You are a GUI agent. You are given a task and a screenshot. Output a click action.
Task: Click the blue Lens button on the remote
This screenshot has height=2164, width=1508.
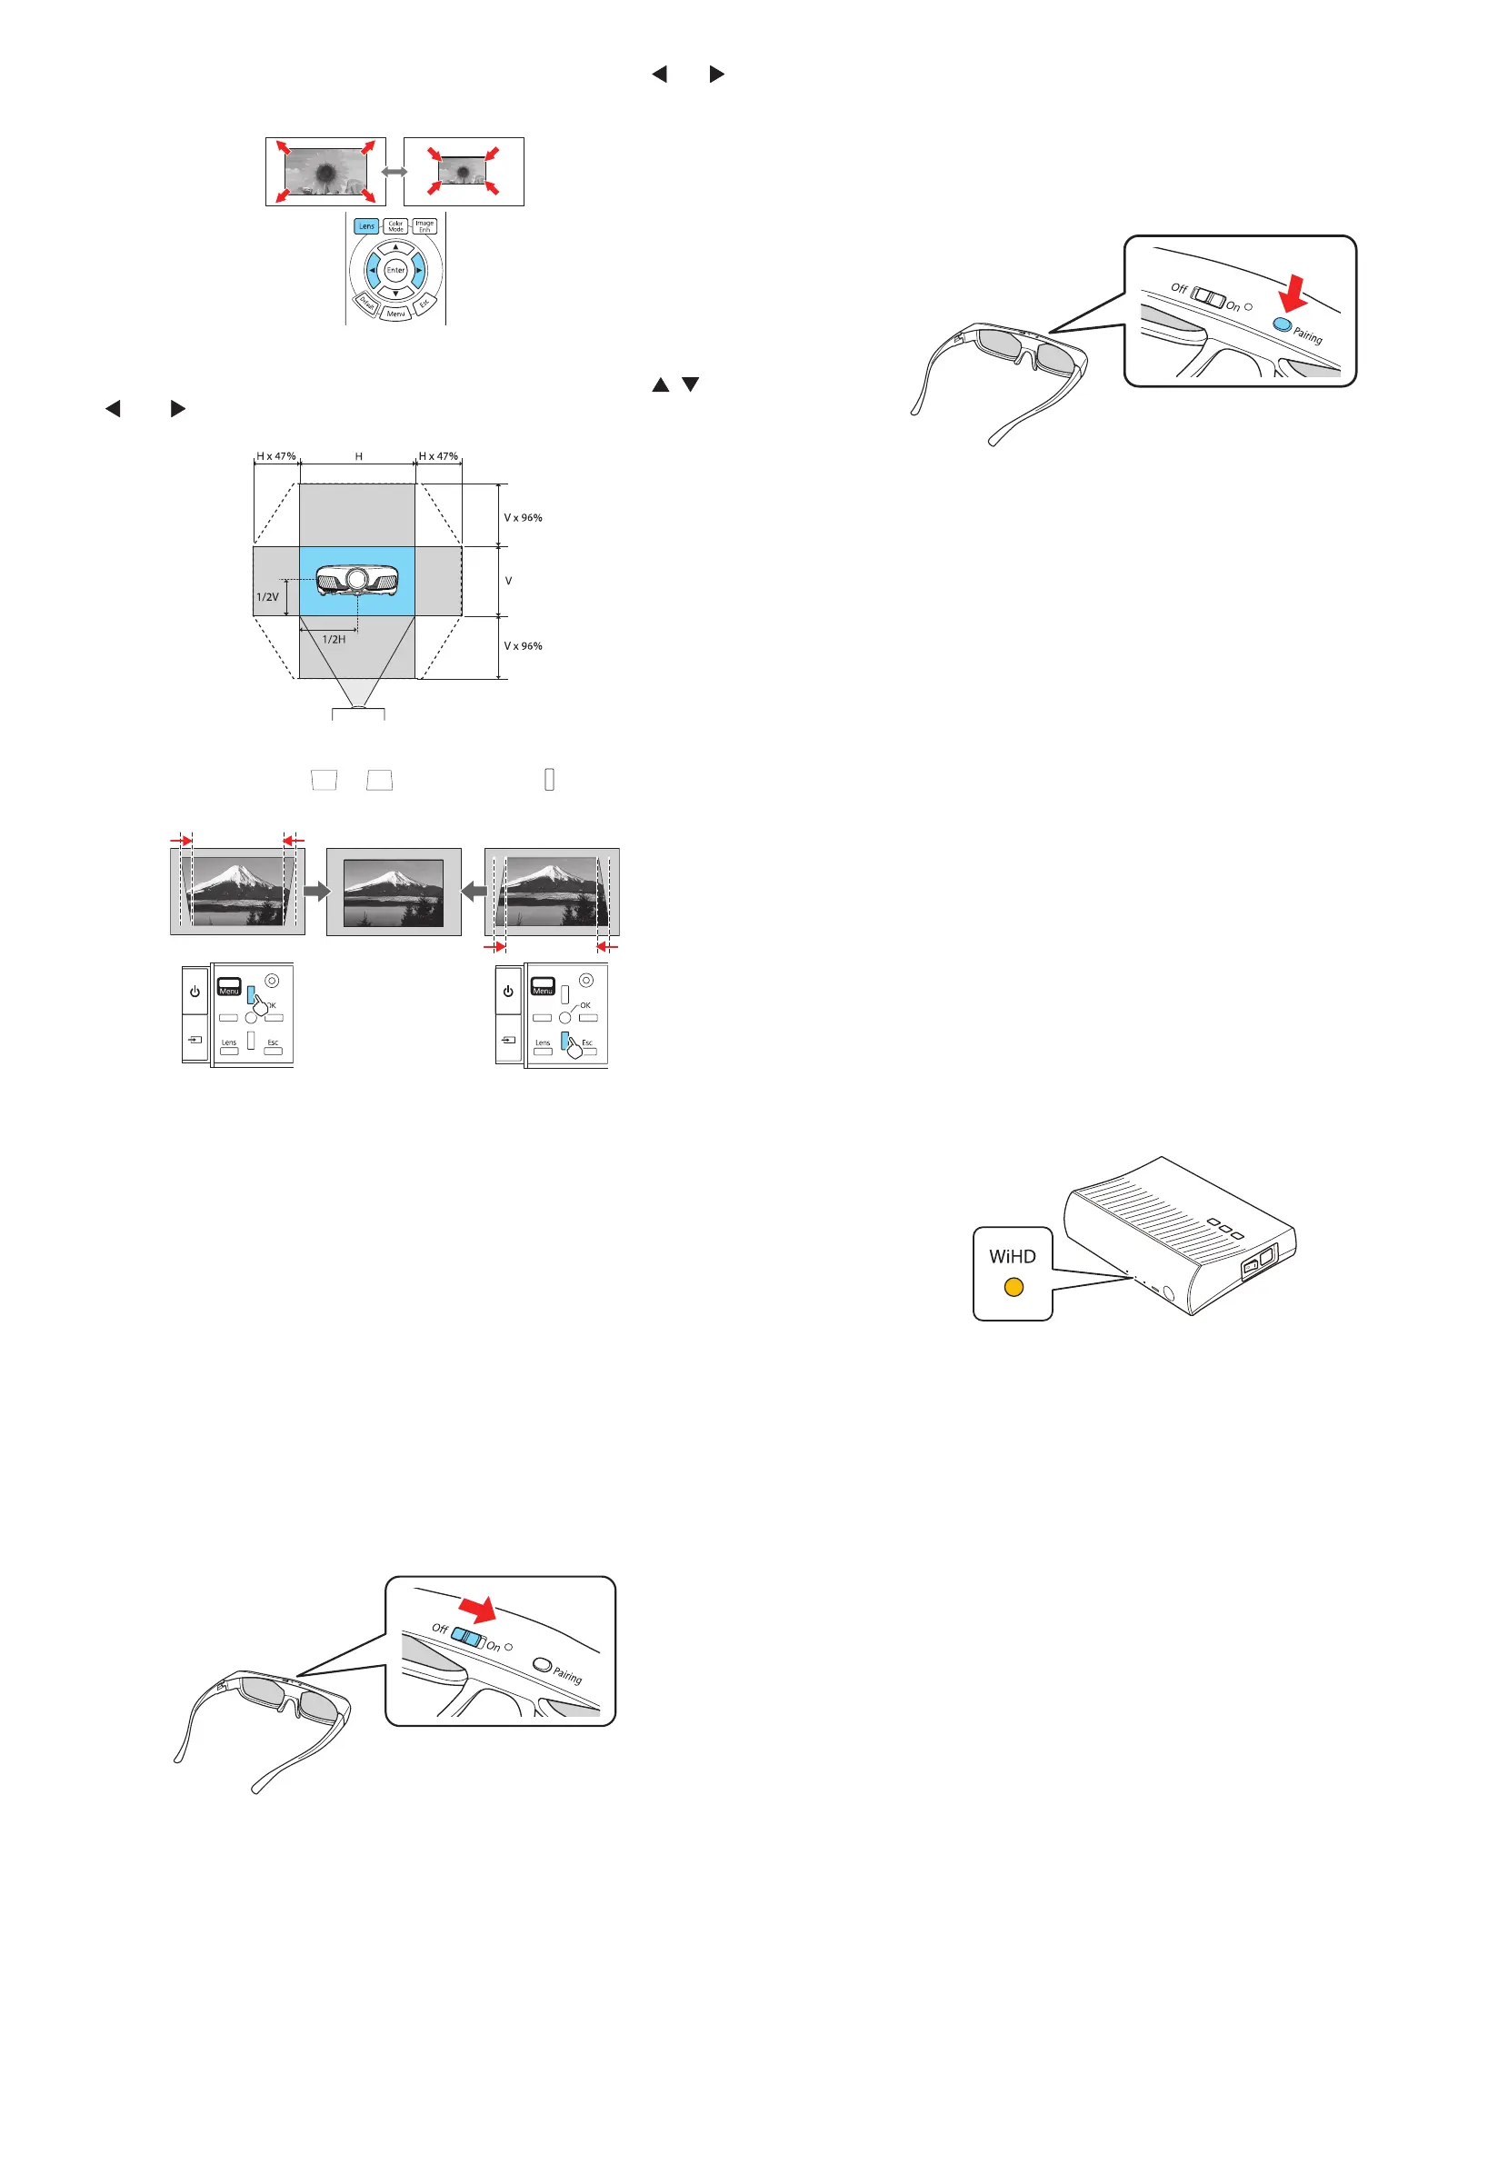click(365, 226)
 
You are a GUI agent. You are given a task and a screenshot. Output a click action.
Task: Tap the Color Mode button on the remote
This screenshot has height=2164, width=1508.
click(395, 226)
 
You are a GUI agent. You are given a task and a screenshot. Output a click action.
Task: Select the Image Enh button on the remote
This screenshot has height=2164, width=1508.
click(424, 226)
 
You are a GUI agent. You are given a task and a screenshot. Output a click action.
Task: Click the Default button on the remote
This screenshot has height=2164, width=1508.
click(365, 304)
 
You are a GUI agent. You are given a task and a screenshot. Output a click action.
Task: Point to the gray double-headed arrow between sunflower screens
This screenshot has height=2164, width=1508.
click(394, 172)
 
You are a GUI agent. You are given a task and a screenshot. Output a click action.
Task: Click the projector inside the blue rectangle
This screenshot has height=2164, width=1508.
click(356, 580)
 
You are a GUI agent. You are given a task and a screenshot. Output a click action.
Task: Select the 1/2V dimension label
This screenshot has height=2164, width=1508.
click(266, 596)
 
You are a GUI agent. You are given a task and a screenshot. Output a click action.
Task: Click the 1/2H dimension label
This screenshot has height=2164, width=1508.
click(334, 639)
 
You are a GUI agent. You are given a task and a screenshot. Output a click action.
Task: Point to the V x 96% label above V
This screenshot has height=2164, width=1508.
click(522, 517)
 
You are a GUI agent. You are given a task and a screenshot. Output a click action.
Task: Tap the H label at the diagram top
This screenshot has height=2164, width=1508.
click(358, 456)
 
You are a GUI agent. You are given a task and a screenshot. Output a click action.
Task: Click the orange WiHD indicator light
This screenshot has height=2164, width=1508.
click(1014, 1287)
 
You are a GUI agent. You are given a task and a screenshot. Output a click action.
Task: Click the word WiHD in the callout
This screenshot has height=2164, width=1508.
click(1012, 1256)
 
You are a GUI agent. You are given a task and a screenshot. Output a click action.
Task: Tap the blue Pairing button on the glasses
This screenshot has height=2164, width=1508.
click(1282, 324)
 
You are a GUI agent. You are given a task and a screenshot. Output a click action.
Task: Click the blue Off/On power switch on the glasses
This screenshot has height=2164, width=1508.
click(467, 1637)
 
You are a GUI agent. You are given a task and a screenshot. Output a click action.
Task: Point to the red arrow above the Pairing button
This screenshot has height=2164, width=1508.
click(1295, 291)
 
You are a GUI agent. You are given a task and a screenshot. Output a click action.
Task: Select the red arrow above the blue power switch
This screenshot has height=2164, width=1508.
click(478, 1608)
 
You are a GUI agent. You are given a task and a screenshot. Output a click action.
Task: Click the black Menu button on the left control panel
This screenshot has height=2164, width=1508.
click(229, 987)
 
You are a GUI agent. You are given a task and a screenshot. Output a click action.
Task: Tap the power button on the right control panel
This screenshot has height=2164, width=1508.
click(508, 992)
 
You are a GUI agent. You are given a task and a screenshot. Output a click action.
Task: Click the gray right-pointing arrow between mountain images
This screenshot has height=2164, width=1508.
click(316, 891)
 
